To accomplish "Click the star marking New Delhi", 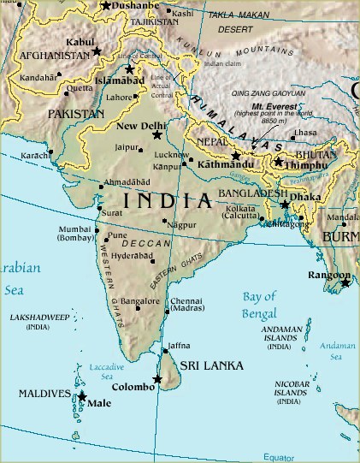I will click(x=156, y=135).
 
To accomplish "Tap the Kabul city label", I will click(x=80, y=41).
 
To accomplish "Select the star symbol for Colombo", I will click(x=157, y=379).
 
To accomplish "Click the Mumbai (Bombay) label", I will click(x=75, y=235).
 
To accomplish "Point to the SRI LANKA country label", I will click(x=211, y=365).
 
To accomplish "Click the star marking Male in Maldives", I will click(x=82, y=396).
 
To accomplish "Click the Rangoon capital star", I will click(x=345, y=282).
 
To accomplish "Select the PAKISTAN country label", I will click(x=75, y=112).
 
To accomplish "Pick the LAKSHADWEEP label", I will click(x=38, y=321).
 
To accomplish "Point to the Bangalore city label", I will click(x=139, y=301).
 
